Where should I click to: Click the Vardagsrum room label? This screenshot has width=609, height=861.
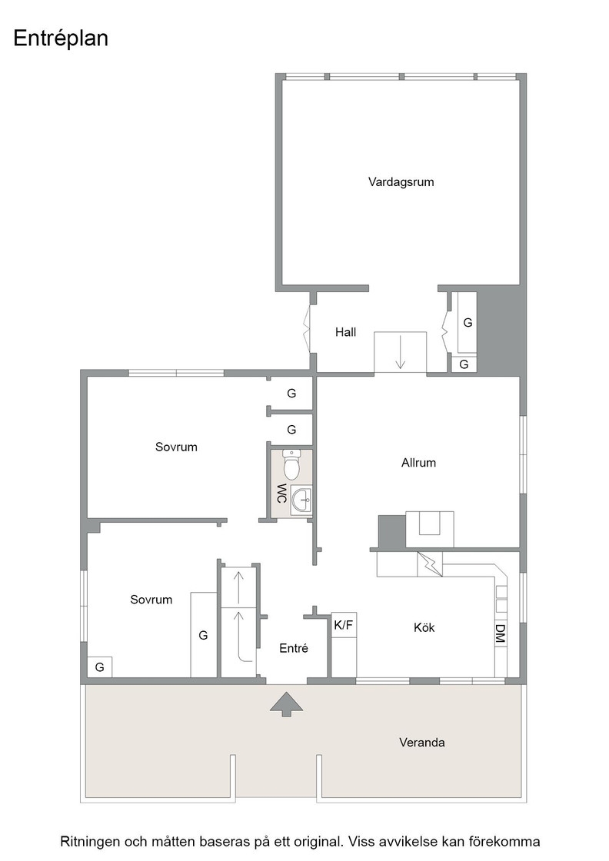tap(401, 181)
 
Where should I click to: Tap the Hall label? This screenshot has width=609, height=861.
tap(345, 331)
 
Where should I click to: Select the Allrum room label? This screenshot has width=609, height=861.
tap(418, 462)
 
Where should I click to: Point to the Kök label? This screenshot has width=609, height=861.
tap(424, 627)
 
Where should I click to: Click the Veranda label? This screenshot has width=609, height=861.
tap(421, 743)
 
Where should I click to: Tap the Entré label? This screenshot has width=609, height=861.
tap(293, 648)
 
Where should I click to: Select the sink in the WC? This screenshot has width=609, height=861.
tap(301, 500)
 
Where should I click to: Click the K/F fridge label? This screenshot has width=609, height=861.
tap(344, 625)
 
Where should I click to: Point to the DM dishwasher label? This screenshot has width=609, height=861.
tap(500, 634)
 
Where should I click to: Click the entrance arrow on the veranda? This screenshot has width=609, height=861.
tap(286, 703)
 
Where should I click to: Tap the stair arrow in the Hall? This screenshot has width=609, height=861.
tap(400, 351)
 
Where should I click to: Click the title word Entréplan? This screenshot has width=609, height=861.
tap(61, 38)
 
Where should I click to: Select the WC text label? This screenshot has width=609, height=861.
tap(281, 493)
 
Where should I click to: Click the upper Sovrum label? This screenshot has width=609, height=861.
tap(176, 447)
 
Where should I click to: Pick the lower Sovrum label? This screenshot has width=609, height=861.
tap(151, 600)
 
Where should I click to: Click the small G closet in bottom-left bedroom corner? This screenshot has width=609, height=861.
tap(99, 667)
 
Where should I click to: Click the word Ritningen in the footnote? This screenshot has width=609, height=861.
tap(90, 841)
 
